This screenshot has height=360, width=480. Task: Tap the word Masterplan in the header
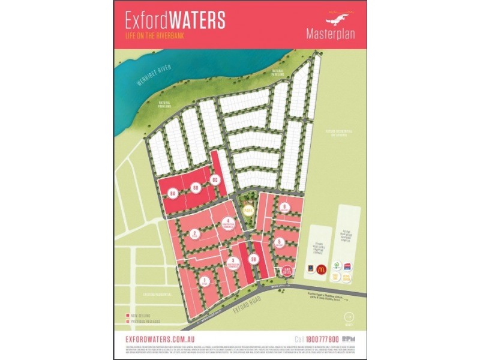click(331, 33)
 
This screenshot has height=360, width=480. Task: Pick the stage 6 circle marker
click(284, 207)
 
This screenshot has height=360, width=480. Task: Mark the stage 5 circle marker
click(280, 242)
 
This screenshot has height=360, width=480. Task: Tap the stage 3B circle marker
click(254, 259)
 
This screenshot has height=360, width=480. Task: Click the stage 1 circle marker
click(205, 280)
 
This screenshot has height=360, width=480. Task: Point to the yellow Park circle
click(248, 209)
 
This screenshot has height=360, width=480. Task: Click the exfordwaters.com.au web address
click(162, 340)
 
